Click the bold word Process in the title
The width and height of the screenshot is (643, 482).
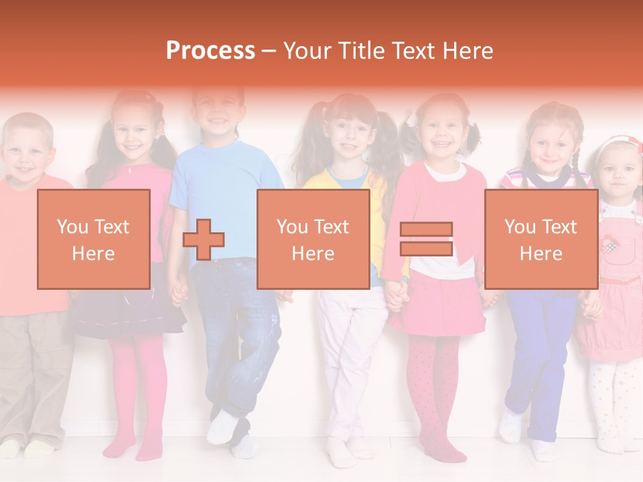pos(210,51)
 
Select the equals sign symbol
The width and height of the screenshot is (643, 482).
pos(426,240)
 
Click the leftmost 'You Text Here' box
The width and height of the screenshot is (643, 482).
pos(93,240)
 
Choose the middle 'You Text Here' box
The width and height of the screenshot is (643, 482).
pos(313,240)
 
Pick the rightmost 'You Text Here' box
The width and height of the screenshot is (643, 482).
pos(541,240)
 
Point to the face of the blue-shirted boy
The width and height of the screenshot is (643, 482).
pos(217,110)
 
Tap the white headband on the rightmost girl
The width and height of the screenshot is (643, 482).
pos(618,143)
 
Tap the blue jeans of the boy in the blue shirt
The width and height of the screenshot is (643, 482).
pos(238,335)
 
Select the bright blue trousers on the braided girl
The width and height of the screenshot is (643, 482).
pos(539,348)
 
